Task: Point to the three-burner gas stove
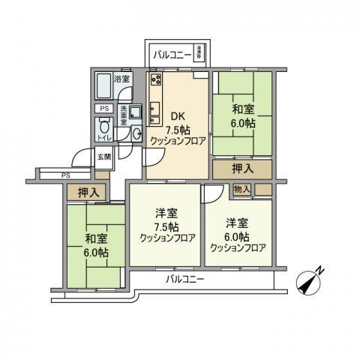[x=157, y=79]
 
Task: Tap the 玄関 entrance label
[x=103, y=157]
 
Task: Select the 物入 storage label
[x=241, y=190]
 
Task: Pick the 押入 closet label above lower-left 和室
[x=88, y=193]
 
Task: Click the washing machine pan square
[x=136, y=113]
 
